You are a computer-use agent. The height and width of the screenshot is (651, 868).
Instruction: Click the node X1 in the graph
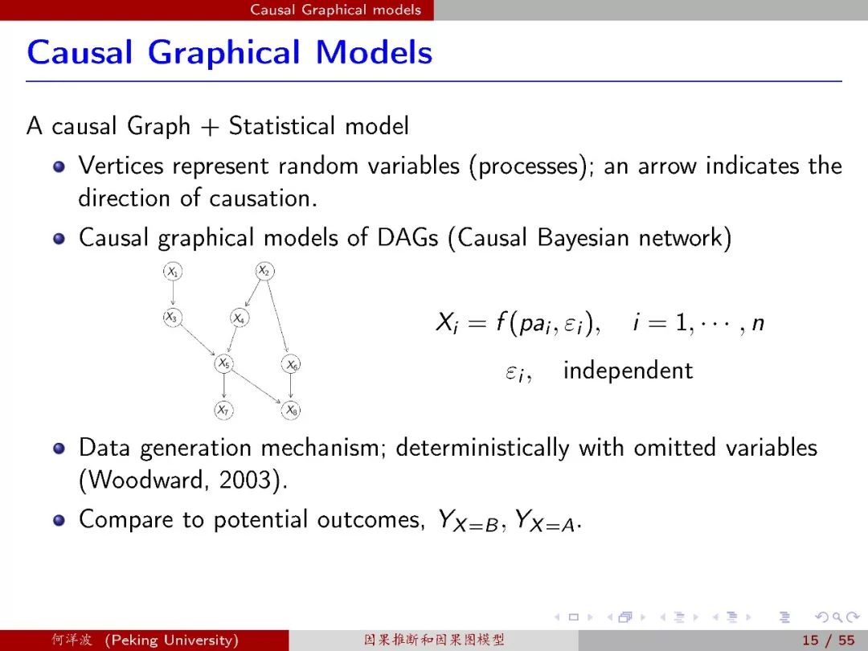pyautogui.click(x=173, y=272)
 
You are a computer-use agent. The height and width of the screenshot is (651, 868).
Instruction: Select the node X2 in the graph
pyautogui.click(x=264, y=272)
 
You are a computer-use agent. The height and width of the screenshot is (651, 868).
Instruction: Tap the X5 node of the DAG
pyautogui.click(x=223, y=364)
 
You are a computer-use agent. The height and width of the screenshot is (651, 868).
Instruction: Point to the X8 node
pyautogui.click(x=291, y=410)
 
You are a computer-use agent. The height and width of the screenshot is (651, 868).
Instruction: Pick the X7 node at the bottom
pyautogui.click(x=223, y=410)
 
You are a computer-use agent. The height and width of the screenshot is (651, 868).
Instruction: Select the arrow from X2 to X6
pyautogui.click(x=276, y=316)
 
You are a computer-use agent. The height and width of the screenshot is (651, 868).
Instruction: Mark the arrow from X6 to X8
pyautogui.click(x=291, y=386)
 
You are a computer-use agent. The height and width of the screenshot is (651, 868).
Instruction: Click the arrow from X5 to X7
pyautogui.click(x=223, y=386)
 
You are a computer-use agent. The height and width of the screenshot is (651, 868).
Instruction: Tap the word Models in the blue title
pyautogui.click(x=374, y=52)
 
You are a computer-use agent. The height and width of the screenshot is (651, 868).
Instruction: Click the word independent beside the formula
pyautogui.click(x=628, y=371)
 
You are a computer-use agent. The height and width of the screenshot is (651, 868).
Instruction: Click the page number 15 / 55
pyautogui.click(x=828, y=641)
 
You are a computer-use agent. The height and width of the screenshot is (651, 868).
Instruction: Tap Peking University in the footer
pyautogui.click(x=172, y=641)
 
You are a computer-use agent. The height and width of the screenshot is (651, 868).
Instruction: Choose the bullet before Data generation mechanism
pyautogui.click(x=59, y=448)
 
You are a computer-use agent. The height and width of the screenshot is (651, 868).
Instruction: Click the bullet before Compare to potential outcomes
pyautogui.click(x=59, y=520)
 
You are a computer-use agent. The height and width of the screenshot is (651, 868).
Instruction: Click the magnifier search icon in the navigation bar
pyautogui.click(x=838, y=617)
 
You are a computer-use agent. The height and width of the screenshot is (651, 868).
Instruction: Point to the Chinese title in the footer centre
pyautogui.click(x=434, y=641)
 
